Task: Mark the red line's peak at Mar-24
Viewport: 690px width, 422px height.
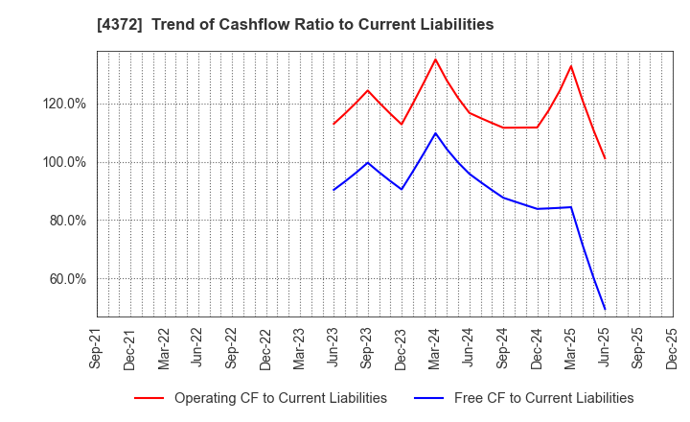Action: click(435, 59)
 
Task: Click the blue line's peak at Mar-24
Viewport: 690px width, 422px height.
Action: click(435, 133)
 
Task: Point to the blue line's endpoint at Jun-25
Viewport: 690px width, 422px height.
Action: click(605, 309)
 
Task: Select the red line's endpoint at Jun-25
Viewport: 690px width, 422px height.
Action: click(605, 158)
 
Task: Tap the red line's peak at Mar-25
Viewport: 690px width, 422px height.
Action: click(571, 66)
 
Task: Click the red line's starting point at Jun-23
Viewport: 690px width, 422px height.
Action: click(333, 124)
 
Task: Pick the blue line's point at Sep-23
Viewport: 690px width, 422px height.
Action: click(367, 162)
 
